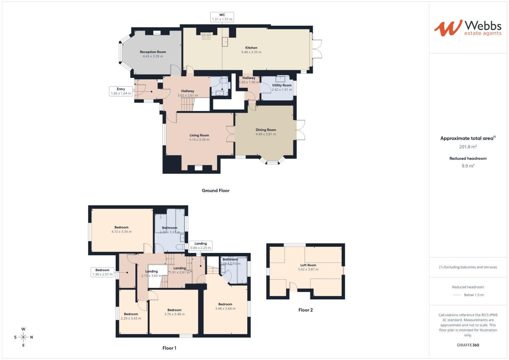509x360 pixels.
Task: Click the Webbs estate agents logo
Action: [x=467, y=28]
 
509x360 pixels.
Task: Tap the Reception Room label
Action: [x=153, y=52]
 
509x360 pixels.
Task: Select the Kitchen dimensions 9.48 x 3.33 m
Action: [x=251, y=52]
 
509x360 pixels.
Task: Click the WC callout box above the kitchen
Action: [x=222, y=17]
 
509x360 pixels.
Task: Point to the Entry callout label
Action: [x=121, y=91]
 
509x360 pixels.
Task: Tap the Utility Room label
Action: [x=282, y=85]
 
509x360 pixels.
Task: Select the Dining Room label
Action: [x=266, y=130]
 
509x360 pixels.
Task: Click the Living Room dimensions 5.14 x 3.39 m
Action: [x=199, y=140]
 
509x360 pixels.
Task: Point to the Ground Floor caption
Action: [x=215, y=191]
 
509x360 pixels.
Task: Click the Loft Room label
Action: [x=308, y=265]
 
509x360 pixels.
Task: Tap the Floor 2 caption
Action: [x=305, y=310]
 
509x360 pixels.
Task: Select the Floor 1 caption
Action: [x=169, y=348]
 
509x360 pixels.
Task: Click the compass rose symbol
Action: [x=23, y=337]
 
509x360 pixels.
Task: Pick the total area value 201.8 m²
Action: [x=468, y=147]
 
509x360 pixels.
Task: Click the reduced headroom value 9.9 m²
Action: [x=468, y=166]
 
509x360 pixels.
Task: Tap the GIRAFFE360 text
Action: [x=468, y=345]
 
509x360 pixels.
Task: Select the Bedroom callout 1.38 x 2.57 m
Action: [x=102, y=272]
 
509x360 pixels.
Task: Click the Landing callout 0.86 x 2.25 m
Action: [x=200, y=246]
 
